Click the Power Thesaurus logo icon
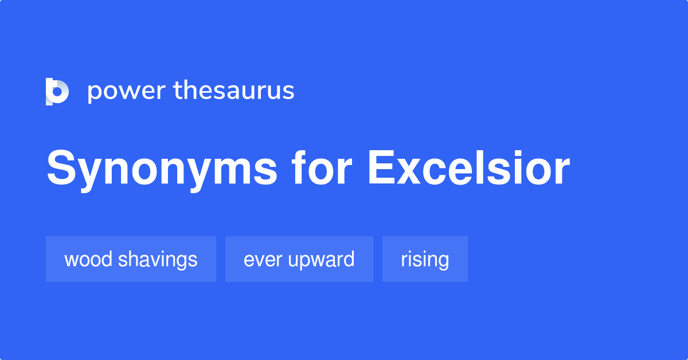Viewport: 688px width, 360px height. (x=57, y=91)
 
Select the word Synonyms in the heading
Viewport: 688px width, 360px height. (x=162, y=169)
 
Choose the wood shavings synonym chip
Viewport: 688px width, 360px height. (x=131, y=259)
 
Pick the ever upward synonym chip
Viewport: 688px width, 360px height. (x=299, y=259)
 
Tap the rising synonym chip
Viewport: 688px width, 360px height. (x=425, y=259)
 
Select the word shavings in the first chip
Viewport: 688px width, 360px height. (x=158, y=260)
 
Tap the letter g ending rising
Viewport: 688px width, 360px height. (x=443, y=262)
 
